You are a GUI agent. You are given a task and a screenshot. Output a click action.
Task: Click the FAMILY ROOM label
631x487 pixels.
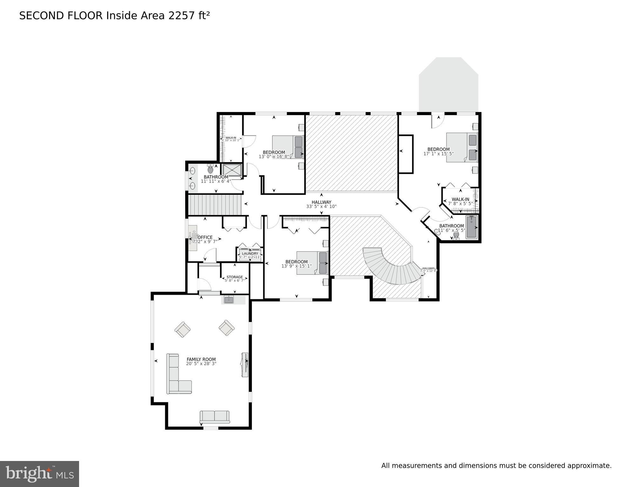(201, 359)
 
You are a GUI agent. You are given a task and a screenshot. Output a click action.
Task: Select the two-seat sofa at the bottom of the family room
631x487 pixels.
(215, 417)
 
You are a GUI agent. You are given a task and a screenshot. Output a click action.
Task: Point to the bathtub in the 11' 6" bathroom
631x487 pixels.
(471, 227)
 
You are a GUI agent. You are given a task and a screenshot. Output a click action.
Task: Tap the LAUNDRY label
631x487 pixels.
(250, 253)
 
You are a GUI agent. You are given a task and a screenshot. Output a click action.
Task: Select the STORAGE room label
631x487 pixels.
(235, 277)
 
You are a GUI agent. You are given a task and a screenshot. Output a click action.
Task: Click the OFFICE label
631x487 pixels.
(205, 237)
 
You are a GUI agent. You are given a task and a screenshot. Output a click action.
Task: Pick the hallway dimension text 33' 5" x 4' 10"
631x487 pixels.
(321, 207)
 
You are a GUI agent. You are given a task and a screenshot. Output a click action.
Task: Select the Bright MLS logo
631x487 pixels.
(39, 474)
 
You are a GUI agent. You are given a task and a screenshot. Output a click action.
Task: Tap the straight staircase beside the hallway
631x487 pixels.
(215, 205)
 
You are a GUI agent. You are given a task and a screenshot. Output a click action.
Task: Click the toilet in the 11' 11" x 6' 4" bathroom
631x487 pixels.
(210, 169)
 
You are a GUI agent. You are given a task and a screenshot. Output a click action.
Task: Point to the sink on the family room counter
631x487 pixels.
(229, 299)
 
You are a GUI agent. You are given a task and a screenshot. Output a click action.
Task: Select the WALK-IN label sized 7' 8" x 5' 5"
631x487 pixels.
(460, 199)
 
